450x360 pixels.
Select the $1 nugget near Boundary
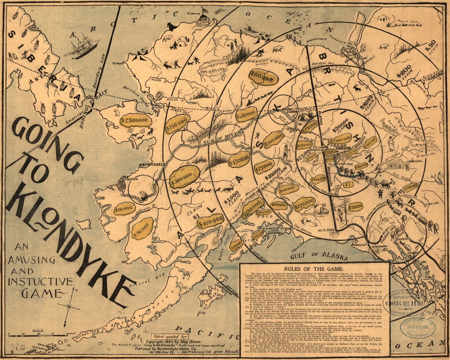pyautogui.click(x=347, y=184)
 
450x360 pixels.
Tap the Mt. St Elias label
pyautogui.click(x=327, y=230)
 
